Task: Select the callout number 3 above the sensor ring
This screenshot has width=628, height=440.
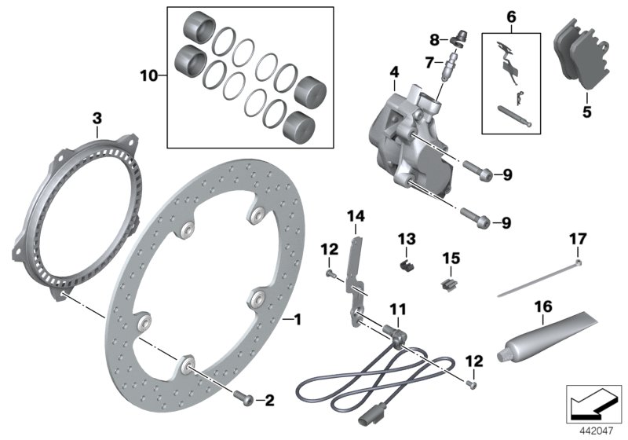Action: [x=97, y=119]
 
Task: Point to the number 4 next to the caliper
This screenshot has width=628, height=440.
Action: [x=393, y=75]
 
